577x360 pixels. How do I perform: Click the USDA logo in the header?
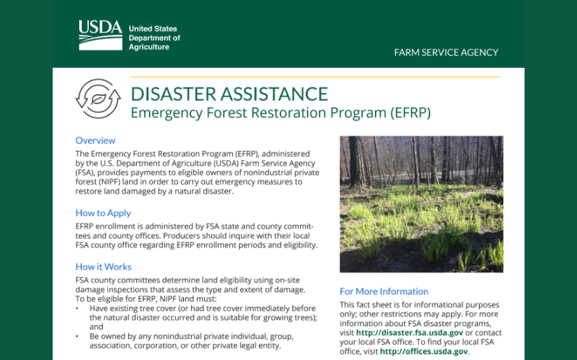coord(100,36)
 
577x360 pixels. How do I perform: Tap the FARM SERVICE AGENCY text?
coord(446,52)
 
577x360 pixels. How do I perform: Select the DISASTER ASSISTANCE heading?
coord(229,94)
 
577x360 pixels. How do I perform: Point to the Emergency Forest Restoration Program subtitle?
coord(280,112)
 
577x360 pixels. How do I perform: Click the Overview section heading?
coord(96,141)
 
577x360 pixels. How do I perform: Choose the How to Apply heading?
coord(104,213)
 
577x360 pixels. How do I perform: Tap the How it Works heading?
coord(104,266)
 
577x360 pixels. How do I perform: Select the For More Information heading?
coord(384,291)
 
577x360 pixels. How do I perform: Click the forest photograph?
coord(421,204)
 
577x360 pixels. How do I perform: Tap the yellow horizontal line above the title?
coord(315,77)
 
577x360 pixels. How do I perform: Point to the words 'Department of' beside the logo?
coord(155,38)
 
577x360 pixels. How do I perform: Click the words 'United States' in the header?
coord(153,29)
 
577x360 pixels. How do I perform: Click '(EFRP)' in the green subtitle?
coord(408,112)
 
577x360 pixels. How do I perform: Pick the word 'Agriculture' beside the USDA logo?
coord(149,48)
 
